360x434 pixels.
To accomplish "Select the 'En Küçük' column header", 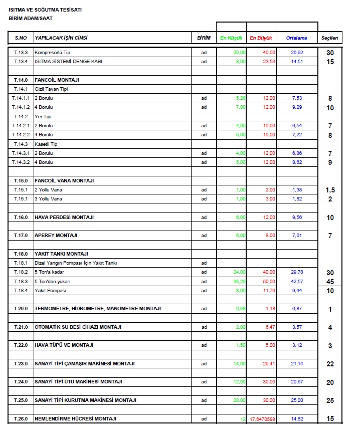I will click(x=231, y=38).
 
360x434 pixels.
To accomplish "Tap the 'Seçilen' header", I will click(x=329, y=38).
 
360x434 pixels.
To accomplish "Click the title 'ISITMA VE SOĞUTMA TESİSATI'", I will click(x=45, y=10).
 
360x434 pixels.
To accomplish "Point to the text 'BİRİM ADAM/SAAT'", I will click(x=31, y=19).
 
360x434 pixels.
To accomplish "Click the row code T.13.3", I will click(x=21, y=53).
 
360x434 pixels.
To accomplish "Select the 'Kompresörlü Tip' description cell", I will click(x=52, y=53).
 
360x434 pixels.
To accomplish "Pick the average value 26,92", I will click(x=297, y=53).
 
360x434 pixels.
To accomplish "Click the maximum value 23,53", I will click(x=269, y=62).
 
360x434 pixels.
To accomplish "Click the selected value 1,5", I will click(x=330, y=190).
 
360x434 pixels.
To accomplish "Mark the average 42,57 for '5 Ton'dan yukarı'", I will click(x=297, y=281).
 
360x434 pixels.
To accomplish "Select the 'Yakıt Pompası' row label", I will click(x=50, y=290).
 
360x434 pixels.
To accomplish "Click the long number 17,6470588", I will click(x=262, y=418).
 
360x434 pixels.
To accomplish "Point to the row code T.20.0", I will click(x=21, y=309).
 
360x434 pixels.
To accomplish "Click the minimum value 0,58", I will click(x=240, y=309).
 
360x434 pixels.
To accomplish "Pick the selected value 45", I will click(x=330, y=282).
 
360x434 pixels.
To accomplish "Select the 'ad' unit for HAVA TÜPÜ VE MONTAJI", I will click(x=204, y=345).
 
